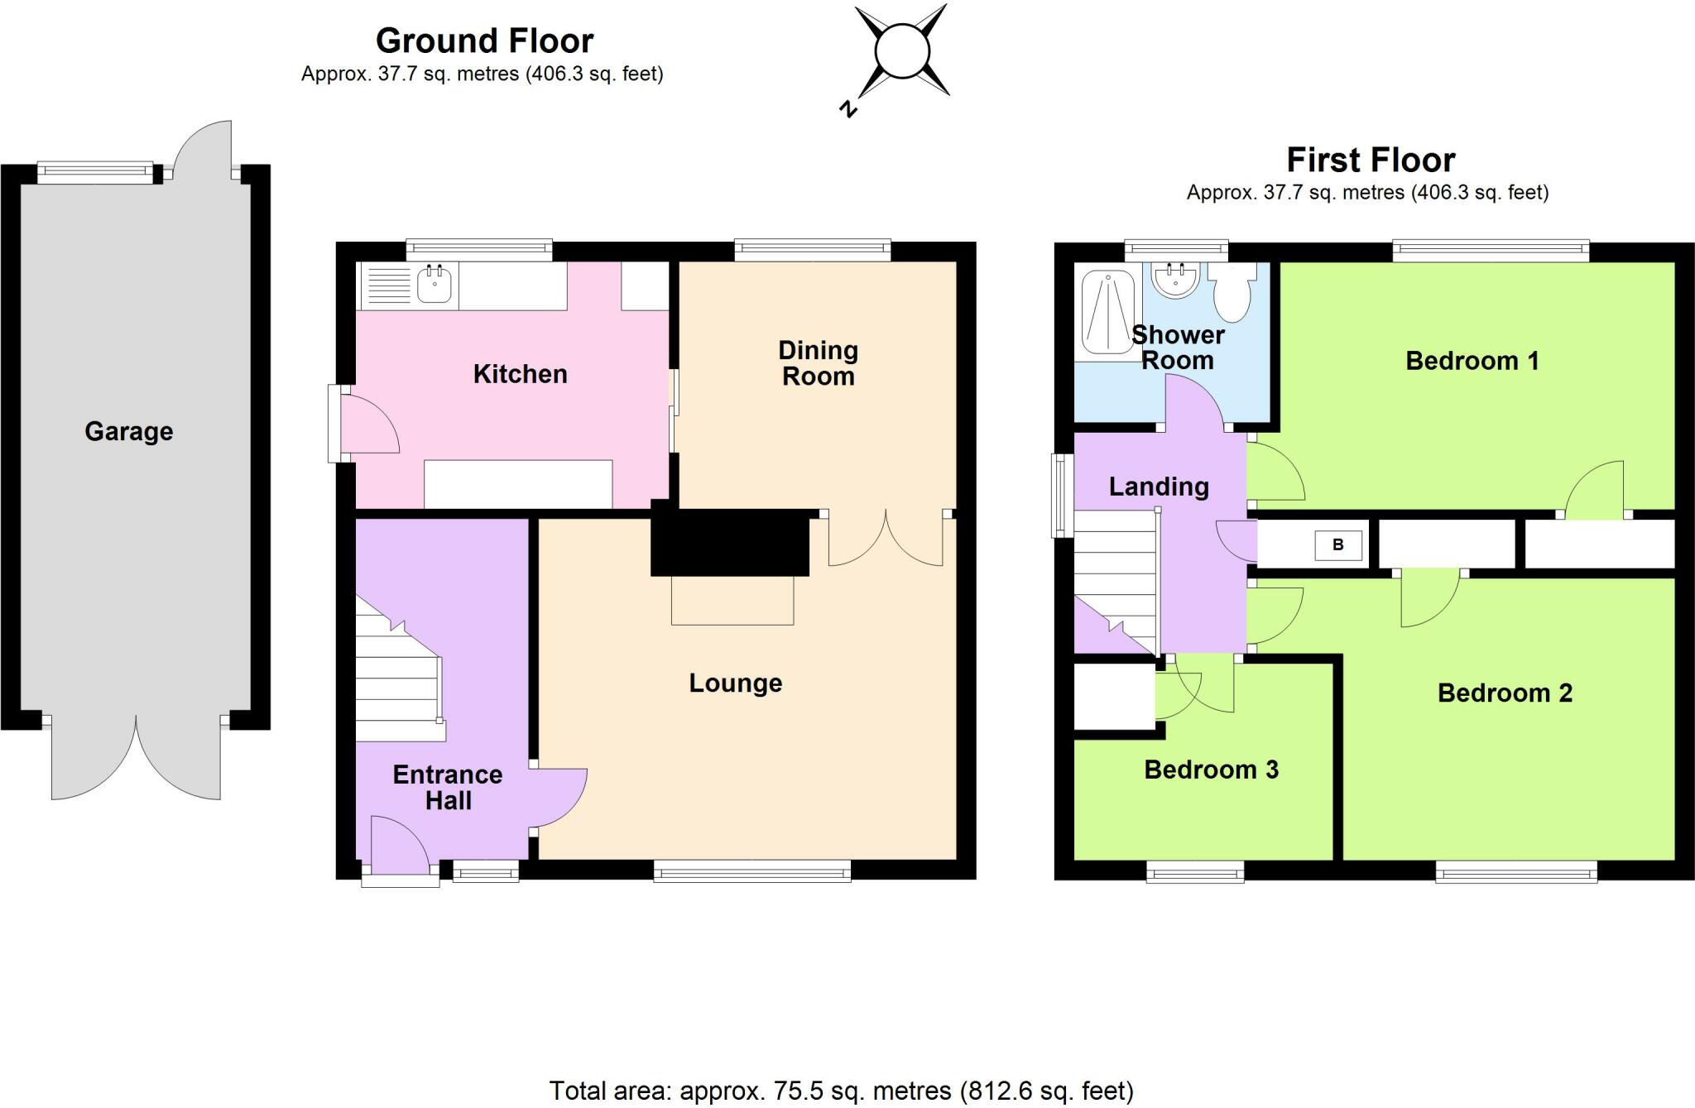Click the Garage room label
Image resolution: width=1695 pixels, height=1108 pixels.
(129, 431)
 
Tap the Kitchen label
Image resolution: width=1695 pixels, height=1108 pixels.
(520, 374)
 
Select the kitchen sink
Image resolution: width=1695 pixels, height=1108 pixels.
(435, 285)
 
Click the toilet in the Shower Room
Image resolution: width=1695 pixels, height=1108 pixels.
(1233, 294)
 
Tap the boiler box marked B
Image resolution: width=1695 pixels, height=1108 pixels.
(1337, 545)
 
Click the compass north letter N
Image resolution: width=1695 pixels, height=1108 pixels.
(847, 108)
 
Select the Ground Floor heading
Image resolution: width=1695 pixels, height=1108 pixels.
(484, 41)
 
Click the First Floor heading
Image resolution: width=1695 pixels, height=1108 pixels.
(1371, 160)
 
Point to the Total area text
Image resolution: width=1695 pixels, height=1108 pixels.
(841, 1091)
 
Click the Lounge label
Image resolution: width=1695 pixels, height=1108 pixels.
(735, 683)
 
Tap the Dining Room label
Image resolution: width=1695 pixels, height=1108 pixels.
(818, 362)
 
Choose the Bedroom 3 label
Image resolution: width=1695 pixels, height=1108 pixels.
(1211, 770)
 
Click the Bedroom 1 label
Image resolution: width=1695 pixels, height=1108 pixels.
(1472, 361)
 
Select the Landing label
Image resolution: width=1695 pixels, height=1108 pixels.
(1159, 487)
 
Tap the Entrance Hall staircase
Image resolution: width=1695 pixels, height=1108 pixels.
(398, 670)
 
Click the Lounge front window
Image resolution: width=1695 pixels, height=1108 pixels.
(751, 871)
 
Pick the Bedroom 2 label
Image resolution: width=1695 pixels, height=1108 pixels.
(1505, 693)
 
